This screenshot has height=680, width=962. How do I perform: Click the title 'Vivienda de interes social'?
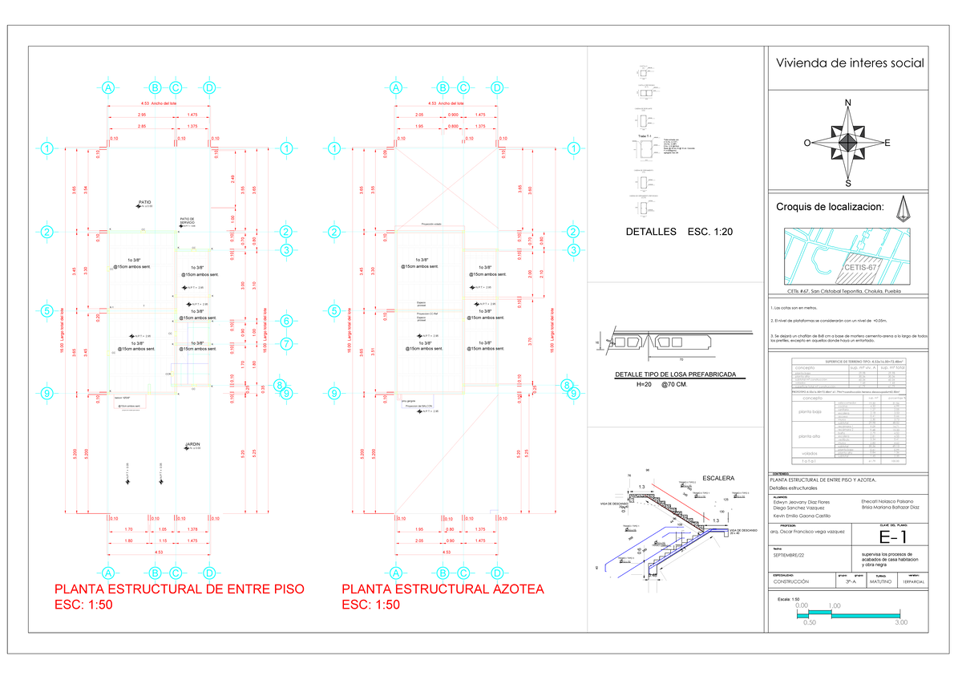847,63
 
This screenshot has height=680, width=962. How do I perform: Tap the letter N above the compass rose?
847,103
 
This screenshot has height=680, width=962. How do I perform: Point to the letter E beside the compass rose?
887,144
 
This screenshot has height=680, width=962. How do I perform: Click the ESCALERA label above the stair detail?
717,478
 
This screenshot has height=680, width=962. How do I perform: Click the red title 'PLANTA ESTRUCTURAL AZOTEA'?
443,589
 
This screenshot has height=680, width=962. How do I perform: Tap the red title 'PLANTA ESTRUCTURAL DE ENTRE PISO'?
177,589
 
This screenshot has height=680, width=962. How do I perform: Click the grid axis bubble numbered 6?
286,321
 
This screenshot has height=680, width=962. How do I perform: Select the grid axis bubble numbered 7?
286,344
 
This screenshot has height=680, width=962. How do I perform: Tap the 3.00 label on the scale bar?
901,622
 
